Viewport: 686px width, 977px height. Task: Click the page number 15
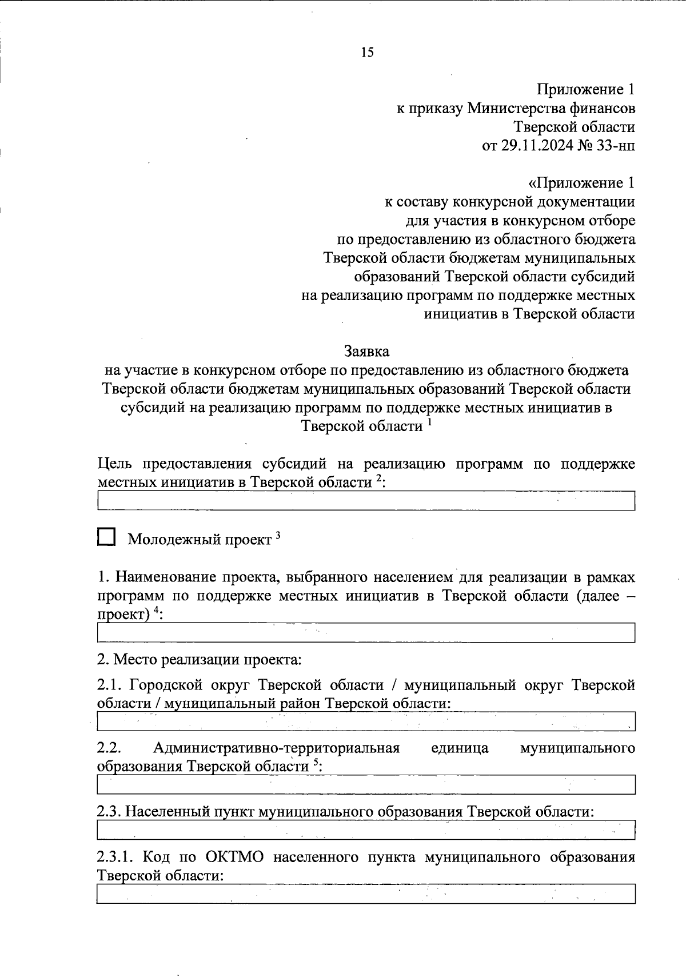[367, 53]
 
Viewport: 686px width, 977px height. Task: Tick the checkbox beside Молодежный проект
[106, 537]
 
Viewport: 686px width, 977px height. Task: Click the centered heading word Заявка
[366, 350]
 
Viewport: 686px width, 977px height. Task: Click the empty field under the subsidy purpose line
[366, 501]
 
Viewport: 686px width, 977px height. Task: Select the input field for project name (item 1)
[366, 633]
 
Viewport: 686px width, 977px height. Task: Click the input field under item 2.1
[366, 721]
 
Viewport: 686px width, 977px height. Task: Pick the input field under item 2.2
[366, 784]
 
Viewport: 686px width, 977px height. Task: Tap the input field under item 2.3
[366, 830]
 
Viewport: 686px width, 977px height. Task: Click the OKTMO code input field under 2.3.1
[366, 894]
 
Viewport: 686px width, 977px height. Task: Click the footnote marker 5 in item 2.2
[316, 763]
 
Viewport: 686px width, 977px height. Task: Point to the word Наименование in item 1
[165, 577]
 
